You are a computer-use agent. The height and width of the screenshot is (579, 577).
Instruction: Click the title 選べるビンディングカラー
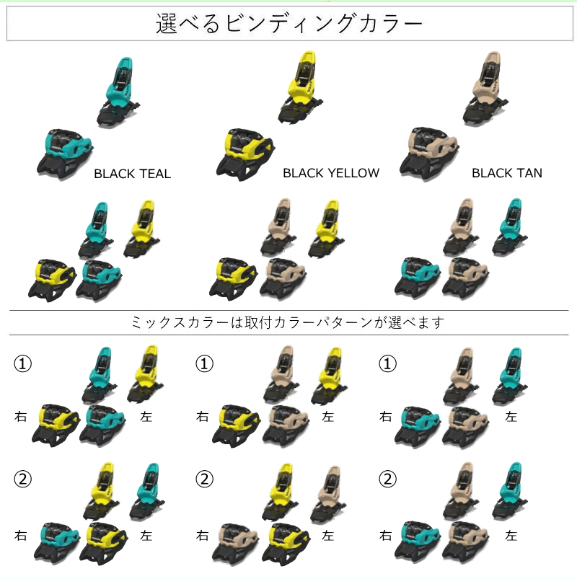point(288,25)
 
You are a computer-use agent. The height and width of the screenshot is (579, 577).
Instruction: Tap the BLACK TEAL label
point(132,174)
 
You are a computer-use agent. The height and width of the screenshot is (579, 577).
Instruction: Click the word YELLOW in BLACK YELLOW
point(353,173)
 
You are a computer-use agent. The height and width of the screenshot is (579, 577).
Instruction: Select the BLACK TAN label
point(506,173)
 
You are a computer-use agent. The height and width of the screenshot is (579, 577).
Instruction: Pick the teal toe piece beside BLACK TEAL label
point(65,153)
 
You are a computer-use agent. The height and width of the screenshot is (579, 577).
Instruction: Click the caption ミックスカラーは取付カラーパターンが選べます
point(288,322)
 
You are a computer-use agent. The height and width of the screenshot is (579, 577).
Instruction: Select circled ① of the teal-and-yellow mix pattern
point(22,364)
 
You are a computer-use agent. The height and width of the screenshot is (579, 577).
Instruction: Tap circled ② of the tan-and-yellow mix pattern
point(206,479)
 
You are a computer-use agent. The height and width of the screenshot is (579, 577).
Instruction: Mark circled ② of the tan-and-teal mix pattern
point(387,479)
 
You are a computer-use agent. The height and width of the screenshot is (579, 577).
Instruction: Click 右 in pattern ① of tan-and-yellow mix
point(203,417)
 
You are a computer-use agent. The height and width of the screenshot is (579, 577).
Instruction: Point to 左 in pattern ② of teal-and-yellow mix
point(146,536)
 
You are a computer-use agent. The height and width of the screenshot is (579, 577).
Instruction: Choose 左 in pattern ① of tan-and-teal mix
point(511,417)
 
